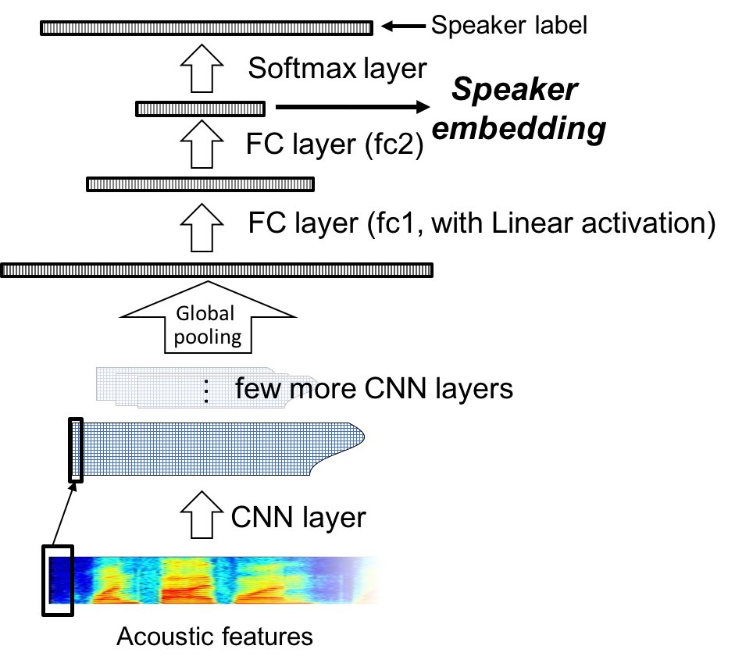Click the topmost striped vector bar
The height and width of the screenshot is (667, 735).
pyautogui.click(x=206, y=28)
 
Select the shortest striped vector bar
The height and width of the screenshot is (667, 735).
pyautogui.click(x=201, y=109)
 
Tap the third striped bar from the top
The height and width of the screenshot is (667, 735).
pyautogui.click(x=201, y=184)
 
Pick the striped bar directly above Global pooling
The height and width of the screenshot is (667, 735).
pyautogui.click(x=216, y=270)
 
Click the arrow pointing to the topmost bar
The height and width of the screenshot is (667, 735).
pyautogui.click(x=202, y=69)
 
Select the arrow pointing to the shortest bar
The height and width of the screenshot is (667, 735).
pyautogui.click(x=202, y=146)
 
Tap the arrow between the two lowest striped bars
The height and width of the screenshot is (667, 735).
pyautogui.click(x=202, y=227)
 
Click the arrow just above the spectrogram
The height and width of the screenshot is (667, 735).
pyautogui.click(x=202, y=515)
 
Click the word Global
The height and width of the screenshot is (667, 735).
pyautogui.click(x=205, y=314)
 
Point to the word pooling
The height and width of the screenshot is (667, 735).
pyautogui.click(x=208, y=337)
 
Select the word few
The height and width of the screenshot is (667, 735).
pyautogui.click(x=258, y=388)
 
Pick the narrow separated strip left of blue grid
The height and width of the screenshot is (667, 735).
pyautogui.click(x=76, y=449)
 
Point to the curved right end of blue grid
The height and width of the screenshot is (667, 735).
pyautogui.click(x=351, y=441)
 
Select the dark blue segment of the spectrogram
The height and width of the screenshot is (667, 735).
pyautogui.click(x=59, y=580)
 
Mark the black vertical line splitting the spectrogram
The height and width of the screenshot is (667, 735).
pyautogui.click(x=72, y=580)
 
